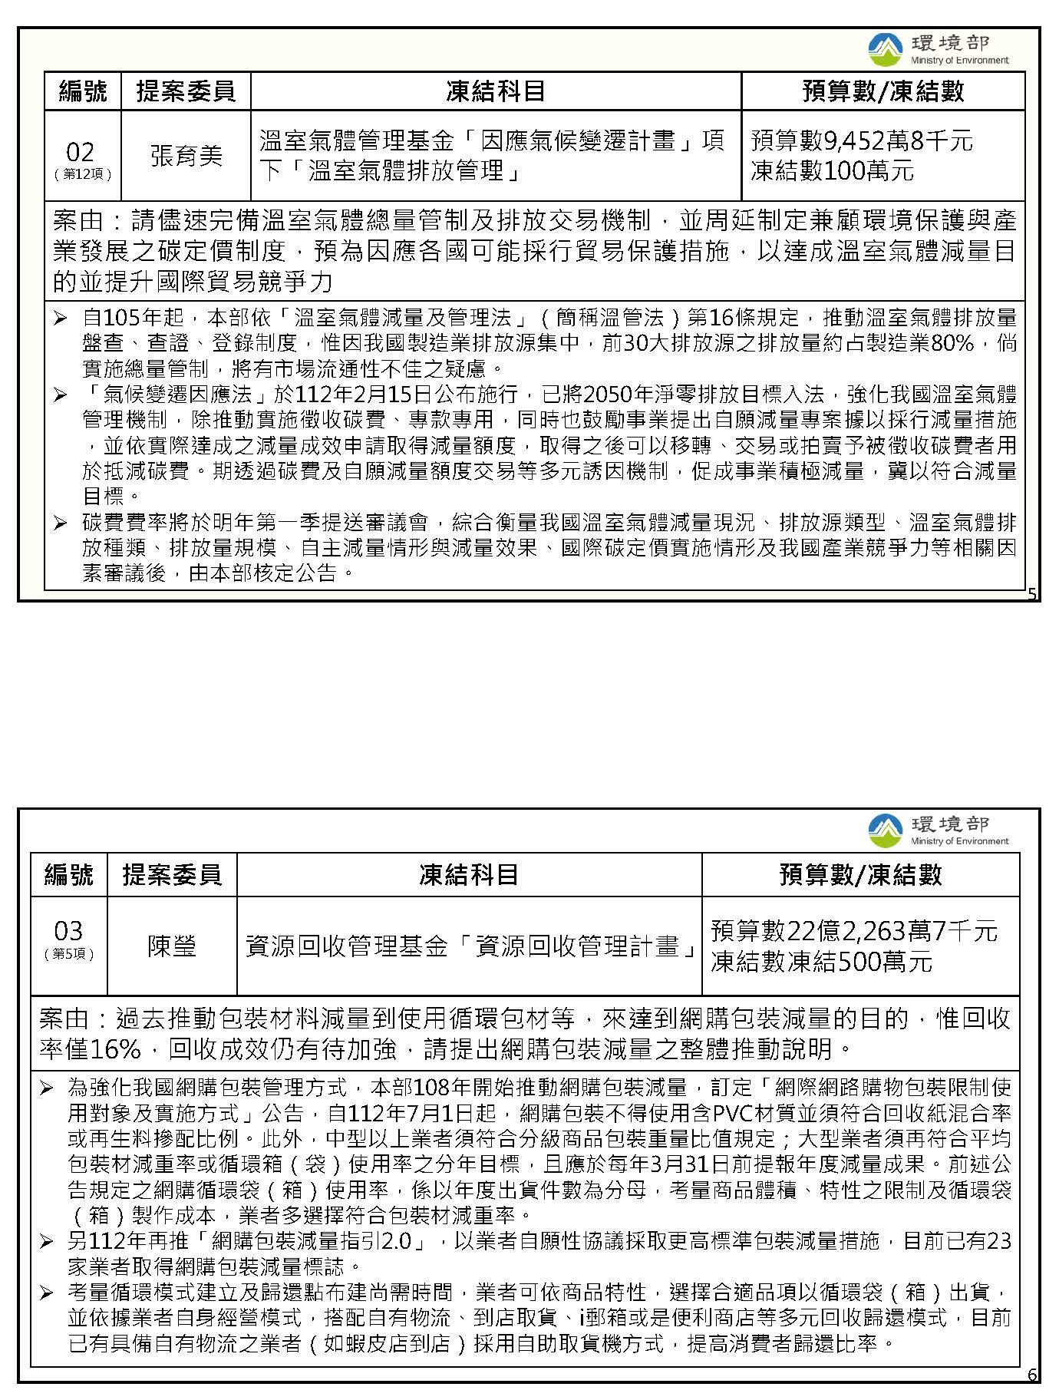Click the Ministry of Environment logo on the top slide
click(x=885, y=50)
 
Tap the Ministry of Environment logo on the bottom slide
click(x=885, y=830)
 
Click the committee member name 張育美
click(x=186, y=156)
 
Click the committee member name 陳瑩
click(x=172, y=946)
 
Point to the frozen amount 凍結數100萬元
click(x=832, y=170)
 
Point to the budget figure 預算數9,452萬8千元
click(x=861, y=140)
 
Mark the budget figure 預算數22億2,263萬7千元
click(x=853, y=931)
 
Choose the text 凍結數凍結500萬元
click(x=821, y=961)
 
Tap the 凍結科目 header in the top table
click(x=496, y=91)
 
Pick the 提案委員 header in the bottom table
click(x=172, y=874)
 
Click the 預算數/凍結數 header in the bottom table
click(x=860, y=874)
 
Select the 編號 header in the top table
click(x=83, y=91)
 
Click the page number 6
click(x=1032, y=1375)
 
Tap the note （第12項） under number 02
click(x=83, y=174)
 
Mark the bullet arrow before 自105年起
click(x=61, y=318)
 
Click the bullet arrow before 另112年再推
click(x=47, y=1242)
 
